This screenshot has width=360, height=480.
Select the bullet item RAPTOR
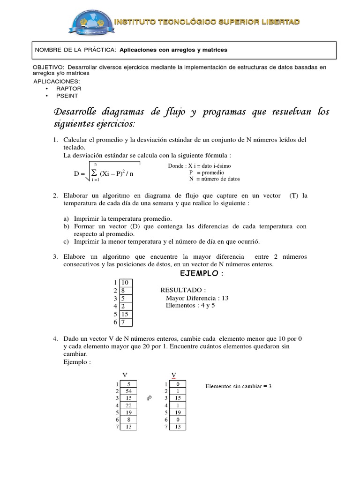tap(69, 88)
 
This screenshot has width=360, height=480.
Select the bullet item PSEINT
tap(67, 95)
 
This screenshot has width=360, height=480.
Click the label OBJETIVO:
tap(49, 67)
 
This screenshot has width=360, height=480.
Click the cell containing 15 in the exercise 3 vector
tap(126, 314)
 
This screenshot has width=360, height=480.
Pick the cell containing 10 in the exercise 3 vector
tap(126, 283)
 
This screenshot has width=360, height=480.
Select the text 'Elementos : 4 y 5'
tap(190, 306)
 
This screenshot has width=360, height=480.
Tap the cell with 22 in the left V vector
tap(128, 405)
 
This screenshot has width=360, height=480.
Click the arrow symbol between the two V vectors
tap(150, 398)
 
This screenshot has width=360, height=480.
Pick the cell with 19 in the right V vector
tap(178, 413)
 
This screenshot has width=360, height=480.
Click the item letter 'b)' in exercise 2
tap(66, 226)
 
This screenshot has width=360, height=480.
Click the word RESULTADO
tap(182, 290)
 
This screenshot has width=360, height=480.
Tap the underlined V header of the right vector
tap(174, 375)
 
